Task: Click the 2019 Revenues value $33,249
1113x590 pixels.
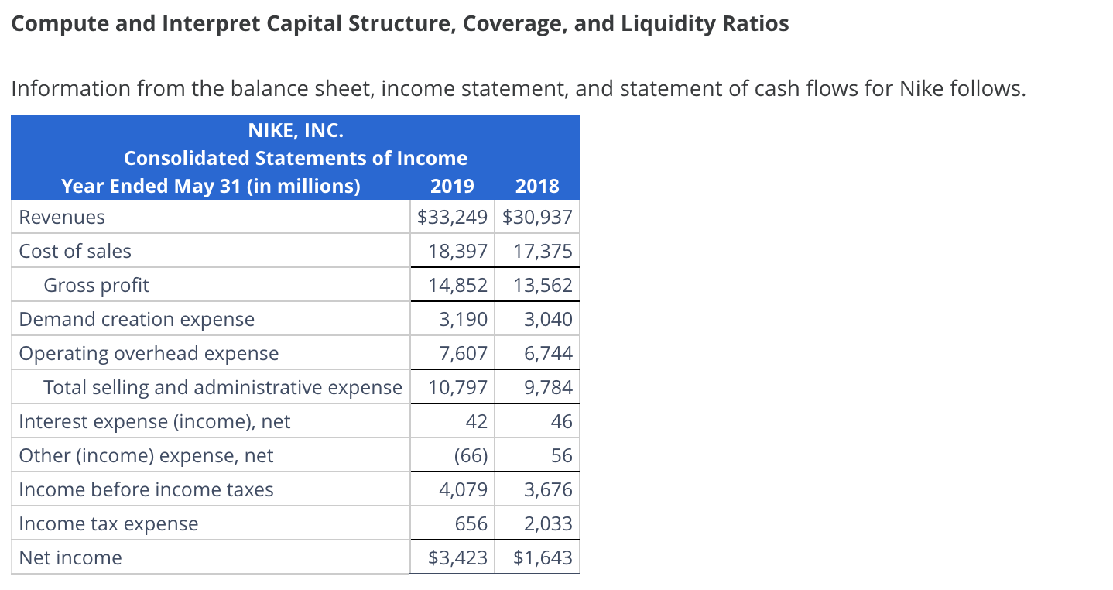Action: [x=453, y=218]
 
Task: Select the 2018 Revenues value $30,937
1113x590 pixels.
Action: [x=538, y=218]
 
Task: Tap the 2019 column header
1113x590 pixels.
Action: [x=453, y=186]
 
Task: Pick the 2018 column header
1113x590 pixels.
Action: [x=537, y=186]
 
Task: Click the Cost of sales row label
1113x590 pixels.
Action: [x=75, y=252]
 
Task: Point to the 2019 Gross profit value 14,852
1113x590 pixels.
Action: [x=458, y=286]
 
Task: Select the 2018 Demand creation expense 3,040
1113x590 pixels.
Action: [x=548, y=320]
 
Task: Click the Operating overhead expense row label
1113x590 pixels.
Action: [x=149, y=354]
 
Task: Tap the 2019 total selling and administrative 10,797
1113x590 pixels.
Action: [x=458, y=388]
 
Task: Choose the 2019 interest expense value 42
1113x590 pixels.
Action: [x=477, y=422]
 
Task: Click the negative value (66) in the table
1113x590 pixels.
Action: [x=471, y=456]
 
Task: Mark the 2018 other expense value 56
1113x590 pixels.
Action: [x=562, y=456]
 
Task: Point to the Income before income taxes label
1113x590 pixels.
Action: [x=146, y=490]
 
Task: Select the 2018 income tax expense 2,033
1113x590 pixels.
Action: [x=548, y=524]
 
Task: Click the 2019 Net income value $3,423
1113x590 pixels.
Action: [x=457, y=558]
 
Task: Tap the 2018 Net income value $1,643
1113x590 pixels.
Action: [x=543, y=558]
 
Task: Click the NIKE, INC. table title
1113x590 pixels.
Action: [x=295, y=130]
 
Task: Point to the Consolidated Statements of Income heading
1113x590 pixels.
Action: [x=295, y=158]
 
